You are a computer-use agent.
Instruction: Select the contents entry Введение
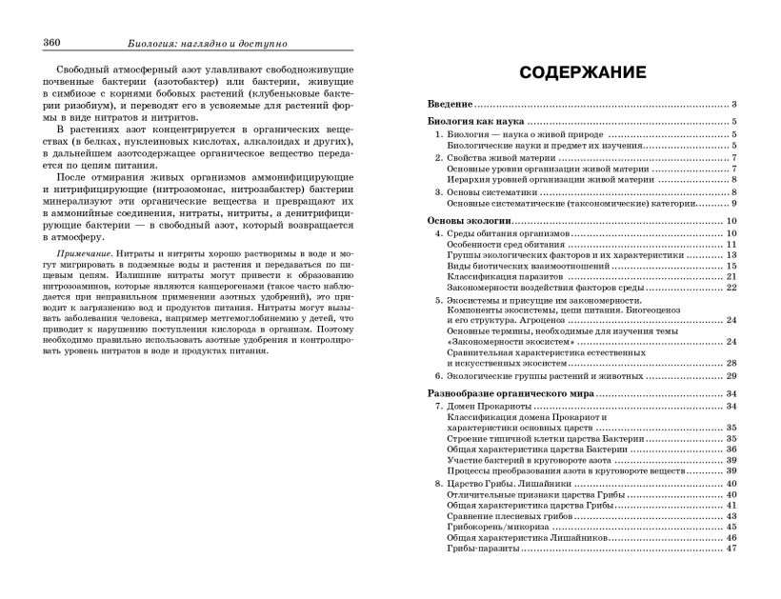click(450, 104)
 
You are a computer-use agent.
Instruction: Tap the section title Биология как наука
click(476, 122)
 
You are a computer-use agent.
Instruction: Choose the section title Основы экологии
click(470, 221)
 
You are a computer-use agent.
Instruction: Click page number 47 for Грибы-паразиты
click(731, 548)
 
